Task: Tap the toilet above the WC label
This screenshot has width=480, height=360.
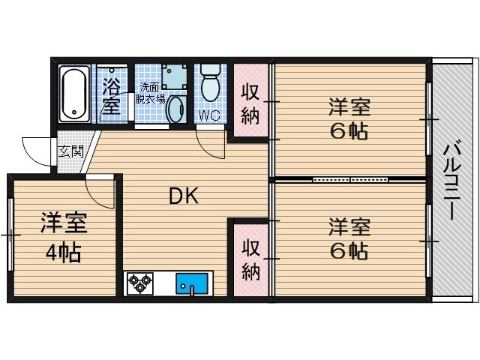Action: pos(211,82)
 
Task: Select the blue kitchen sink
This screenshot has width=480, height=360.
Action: pos(192,283)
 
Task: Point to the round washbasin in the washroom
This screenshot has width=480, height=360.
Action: pos(176,109)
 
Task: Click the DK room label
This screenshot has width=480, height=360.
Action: pos(184,196)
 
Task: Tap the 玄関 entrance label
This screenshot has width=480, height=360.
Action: pos(71,151)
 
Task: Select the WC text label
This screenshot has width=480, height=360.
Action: pos(210,115)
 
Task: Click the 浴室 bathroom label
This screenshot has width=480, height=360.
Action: pos(111,96)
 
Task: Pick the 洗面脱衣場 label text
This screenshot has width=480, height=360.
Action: pos(150,93)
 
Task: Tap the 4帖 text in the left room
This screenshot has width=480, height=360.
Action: pos(63,253)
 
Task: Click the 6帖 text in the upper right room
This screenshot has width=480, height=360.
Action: pos(349,131)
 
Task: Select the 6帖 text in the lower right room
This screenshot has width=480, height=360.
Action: pos(349,251)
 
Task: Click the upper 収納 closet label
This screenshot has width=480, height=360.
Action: pos(250,104)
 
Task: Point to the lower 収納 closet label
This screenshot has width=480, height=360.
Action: pos(250,260)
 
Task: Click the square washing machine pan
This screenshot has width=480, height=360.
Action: pos(174,76)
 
